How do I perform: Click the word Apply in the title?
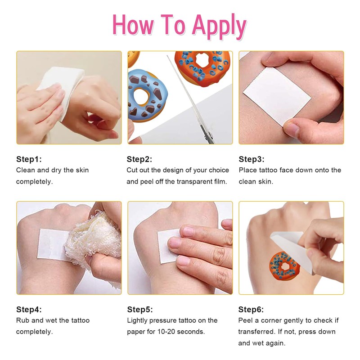pyautogui.click(x=219, y=26)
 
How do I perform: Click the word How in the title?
pyautogui.click(x=133, y=25)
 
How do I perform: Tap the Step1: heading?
pyautogui.click(x=29, y=159)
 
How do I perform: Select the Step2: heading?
pyautogui.click(x=139, y=159)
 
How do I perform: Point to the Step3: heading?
pyautogui.click(x=252, y=159)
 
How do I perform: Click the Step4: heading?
pyautogui.click(x=29, y=309)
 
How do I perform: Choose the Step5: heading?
pyautogui.click(x=140, y=309)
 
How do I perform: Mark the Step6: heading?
pyautogui.click(x=251, y=309)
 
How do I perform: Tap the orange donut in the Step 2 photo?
pyautogui.click(x=202, y=67)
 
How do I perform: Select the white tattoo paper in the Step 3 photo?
pyautogui.click(x=277, y=96)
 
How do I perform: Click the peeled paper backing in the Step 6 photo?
pyautogui.click(x=292, y=250)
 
